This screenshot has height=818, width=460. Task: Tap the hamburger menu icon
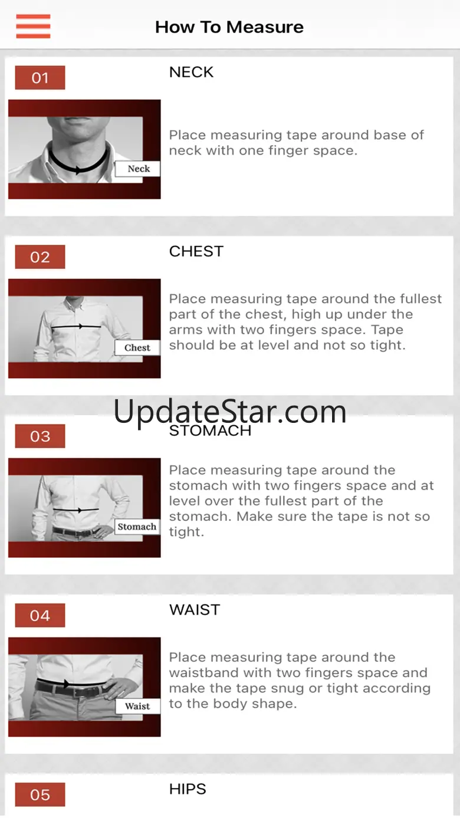pyautogui.click(x=33, y=27)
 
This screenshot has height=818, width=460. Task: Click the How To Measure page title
pyautogui.click(x=229, y=27)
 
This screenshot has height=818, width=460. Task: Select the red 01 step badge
pyautogui.click(x=40, y=78)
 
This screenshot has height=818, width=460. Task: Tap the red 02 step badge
pyautogui.click(x=40, y=257)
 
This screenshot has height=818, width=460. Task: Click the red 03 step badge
pyautogui.click(x=40, y=436)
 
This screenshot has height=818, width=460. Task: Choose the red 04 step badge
pyautogui.click(x=40, y=616)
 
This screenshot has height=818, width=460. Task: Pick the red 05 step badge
pyautogui.click(x=40, y=795)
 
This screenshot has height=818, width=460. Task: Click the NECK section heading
pyautogui.click(x=191, y=73)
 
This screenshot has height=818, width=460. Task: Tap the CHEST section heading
pyautogui.click(x=196, y=252)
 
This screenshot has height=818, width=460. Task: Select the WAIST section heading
pyautogui.click(x=195, y=610)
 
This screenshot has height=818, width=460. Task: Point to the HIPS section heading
pyautogui.click(x=188, y=789)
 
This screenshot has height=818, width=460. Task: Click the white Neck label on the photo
pyautogui.click(x=137, y=169)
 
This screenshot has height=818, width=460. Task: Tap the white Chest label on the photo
pyautogui.click(x=137, y=347)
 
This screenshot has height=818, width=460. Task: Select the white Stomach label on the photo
pyautogui.click(x=137, y=527)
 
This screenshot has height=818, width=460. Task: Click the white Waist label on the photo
pyautogui.click(x=137, y=707)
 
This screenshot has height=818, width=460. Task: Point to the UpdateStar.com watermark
pyautogui.click(x=230, y=412)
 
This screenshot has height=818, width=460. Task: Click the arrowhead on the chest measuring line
pyautogui.click(x=81, y=327)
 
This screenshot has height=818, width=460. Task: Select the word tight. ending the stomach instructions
pyautogui.click(x=186, y=532)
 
